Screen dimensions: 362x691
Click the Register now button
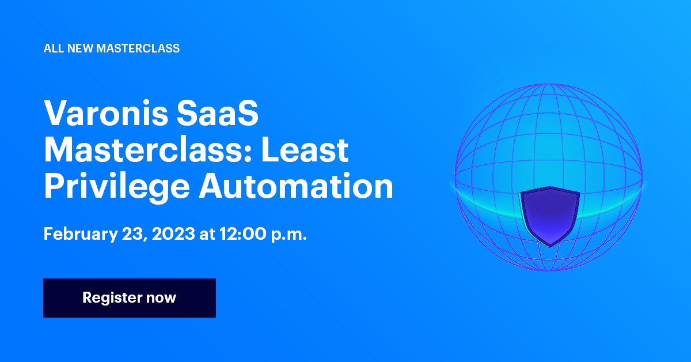point(130,298)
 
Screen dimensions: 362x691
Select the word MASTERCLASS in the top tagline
point(138,48)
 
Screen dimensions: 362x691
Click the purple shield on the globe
point(550,213)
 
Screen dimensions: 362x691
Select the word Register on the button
point(112,298)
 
